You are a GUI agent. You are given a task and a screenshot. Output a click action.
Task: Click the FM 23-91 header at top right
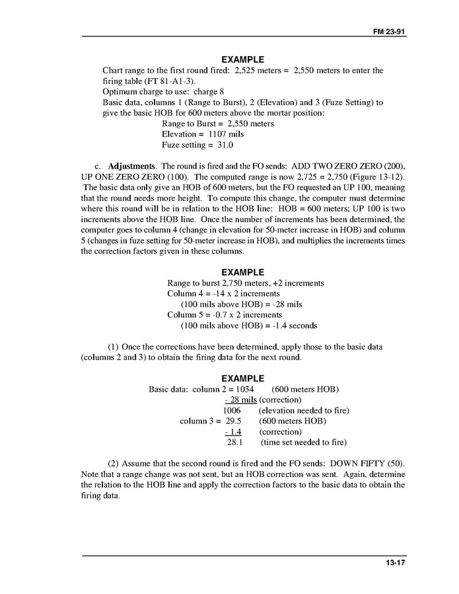tap(388, 31)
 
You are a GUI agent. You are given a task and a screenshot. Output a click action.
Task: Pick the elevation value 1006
tap(232, 410)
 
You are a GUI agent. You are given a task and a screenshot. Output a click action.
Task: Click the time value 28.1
tap(235, 442)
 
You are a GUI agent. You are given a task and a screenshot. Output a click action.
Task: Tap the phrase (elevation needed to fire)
tap(304, 410)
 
